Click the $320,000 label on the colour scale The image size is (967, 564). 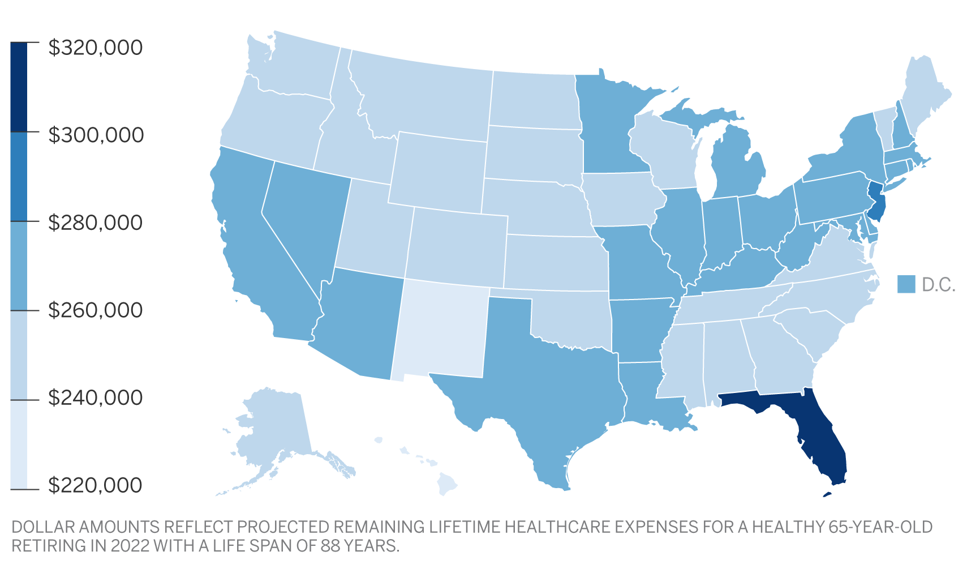click(95, 48)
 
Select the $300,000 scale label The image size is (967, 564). click(96, 135)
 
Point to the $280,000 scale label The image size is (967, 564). click(95, 223)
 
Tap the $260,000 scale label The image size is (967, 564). click(95, 310)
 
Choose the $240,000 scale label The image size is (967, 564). click(95, 398)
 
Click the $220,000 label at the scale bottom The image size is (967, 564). click(95, 485)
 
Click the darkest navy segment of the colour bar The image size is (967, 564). click(19, 87)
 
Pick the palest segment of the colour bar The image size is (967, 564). click(19, 445)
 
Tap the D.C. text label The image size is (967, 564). click(939, 285)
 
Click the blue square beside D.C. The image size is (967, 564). click(906, 284)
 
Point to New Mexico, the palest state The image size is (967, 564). click(441, 328)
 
